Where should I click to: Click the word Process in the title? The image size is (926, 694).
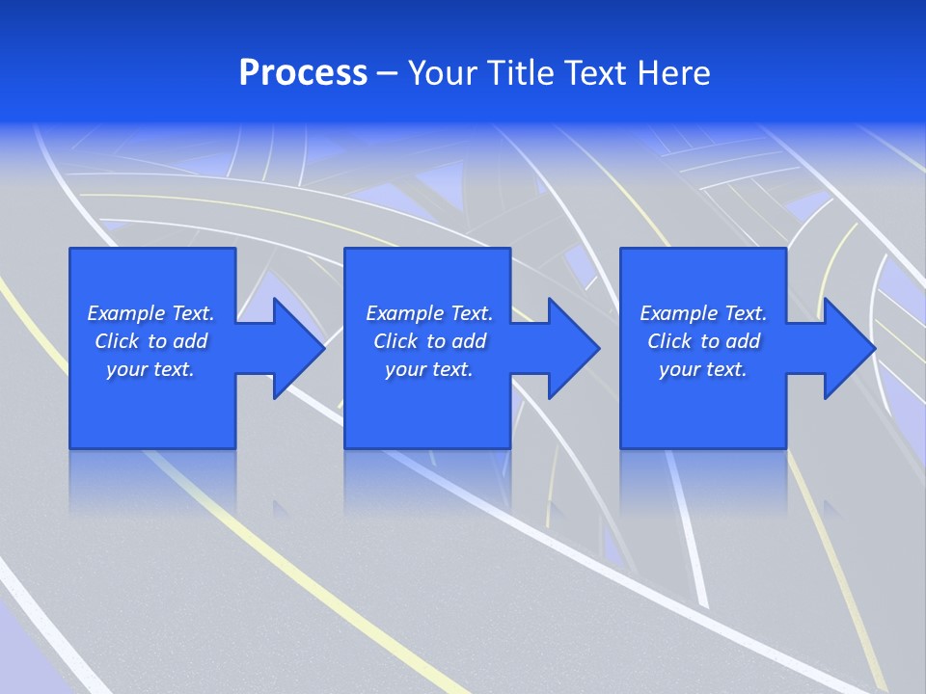click(303, 73)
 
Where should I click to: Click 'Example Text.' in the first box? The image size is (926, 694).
click(150, 313)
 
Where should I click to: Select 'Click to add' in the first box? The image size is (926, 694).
click(150, 341)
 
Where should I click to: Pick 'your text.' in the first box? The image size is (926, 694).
click(150, 369)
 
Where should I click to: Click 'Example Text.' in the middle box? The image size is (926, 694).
click(429, 313)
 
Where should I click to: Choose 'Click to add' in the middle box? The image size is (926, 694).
click(429, 341)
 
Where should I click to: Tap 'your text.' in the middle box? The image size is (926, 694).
click(429, 369)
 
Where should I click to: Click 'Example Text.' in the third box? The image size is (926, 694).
click(703, 313)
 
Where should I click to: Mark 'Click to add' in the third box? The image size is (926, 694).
click(703, 341)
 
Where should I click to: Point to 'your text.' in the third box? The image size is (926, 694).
click(703, 369)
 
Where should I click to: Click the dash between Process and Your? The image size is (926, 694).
click(388, 74)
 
